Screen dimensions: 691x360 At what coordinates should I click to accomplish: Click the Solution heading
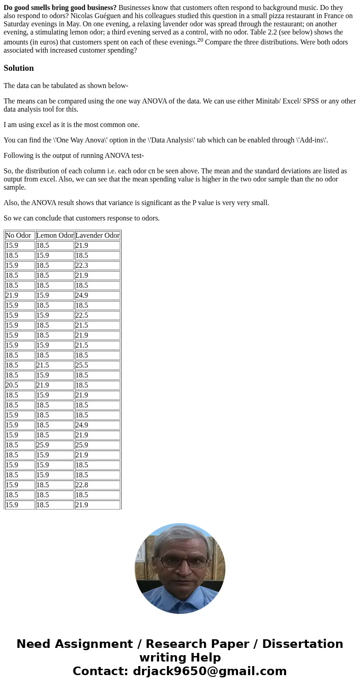click(x=19, y=68)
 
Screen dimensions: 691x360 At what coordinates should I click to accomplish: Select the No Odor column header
click(x=19, y=235)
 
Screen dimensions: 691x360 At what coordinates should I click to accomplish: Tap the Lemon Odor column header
click(x=54, y=235)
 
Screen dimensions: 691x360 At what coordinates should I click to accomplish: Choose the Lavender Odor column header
click(x=97, y=235)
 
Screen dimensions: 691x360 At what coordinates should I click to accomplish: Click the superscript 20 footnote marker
click(x=200, y=39)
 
